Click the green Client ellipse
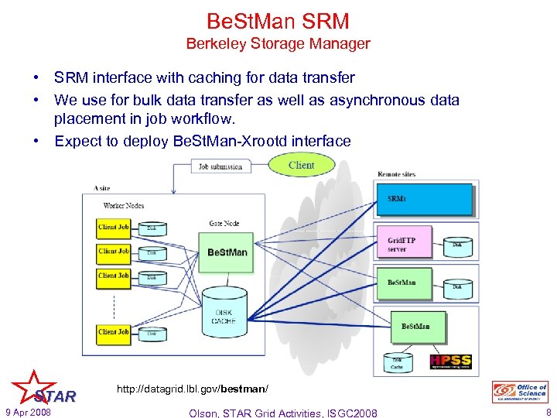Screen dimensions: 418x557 [301, 165]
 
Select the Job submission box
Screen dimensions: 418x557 [220, 166]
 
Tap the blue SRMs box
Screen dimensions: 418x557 [424, 199]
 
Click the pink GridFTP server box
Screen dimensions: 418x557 [408, 245]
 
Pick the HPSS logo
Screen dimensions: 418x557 [450, 361]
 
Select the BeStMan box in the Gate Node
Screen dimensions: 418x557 [227, 252]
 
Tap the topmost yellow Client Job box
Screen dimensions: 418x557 [113, 228]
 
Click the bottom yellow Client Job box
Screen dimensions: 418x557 [113, 332]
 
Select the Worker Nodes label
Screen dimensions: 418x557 [123, 205]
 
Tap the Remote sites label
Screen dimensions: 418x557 [396, 174]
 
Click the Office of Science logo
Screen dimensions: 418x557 [520, 392]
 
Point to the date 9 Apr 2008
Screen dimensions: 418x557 [27, 412]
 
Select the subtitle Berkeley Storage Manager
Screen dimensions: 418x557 [278, 44]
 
